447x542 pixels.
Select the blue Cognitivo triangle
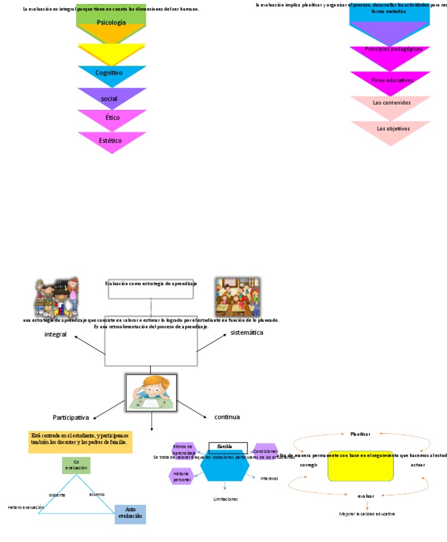[x=111, y=74]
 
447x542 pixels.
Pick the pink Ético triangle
[x=112, y=118]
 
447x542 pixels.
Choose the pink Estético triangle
[x=112, y=140]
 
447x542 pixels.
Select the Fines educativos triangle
[x=390, y=80]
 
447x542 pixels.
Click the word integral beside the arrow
[x=55, y=334]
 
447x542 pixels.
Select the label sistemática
[x=247, y=333]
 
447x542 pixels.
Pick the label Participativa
[x=71, y=418]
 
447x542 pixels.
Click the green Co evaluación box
[x=76, y=465]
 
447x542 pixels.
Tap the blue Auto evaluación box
[x=130, y=514]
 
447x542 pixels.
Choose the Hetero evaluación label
[x=26, y=508]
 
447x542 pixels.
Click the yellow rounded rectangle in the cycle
[x=361, y=466]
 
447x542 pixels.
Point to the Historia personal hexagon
[x=182, y=477]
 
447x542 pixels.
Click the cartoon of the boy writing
[x=151, y=393]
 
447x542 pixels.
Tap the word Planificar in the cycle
[x=361, y=434]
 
